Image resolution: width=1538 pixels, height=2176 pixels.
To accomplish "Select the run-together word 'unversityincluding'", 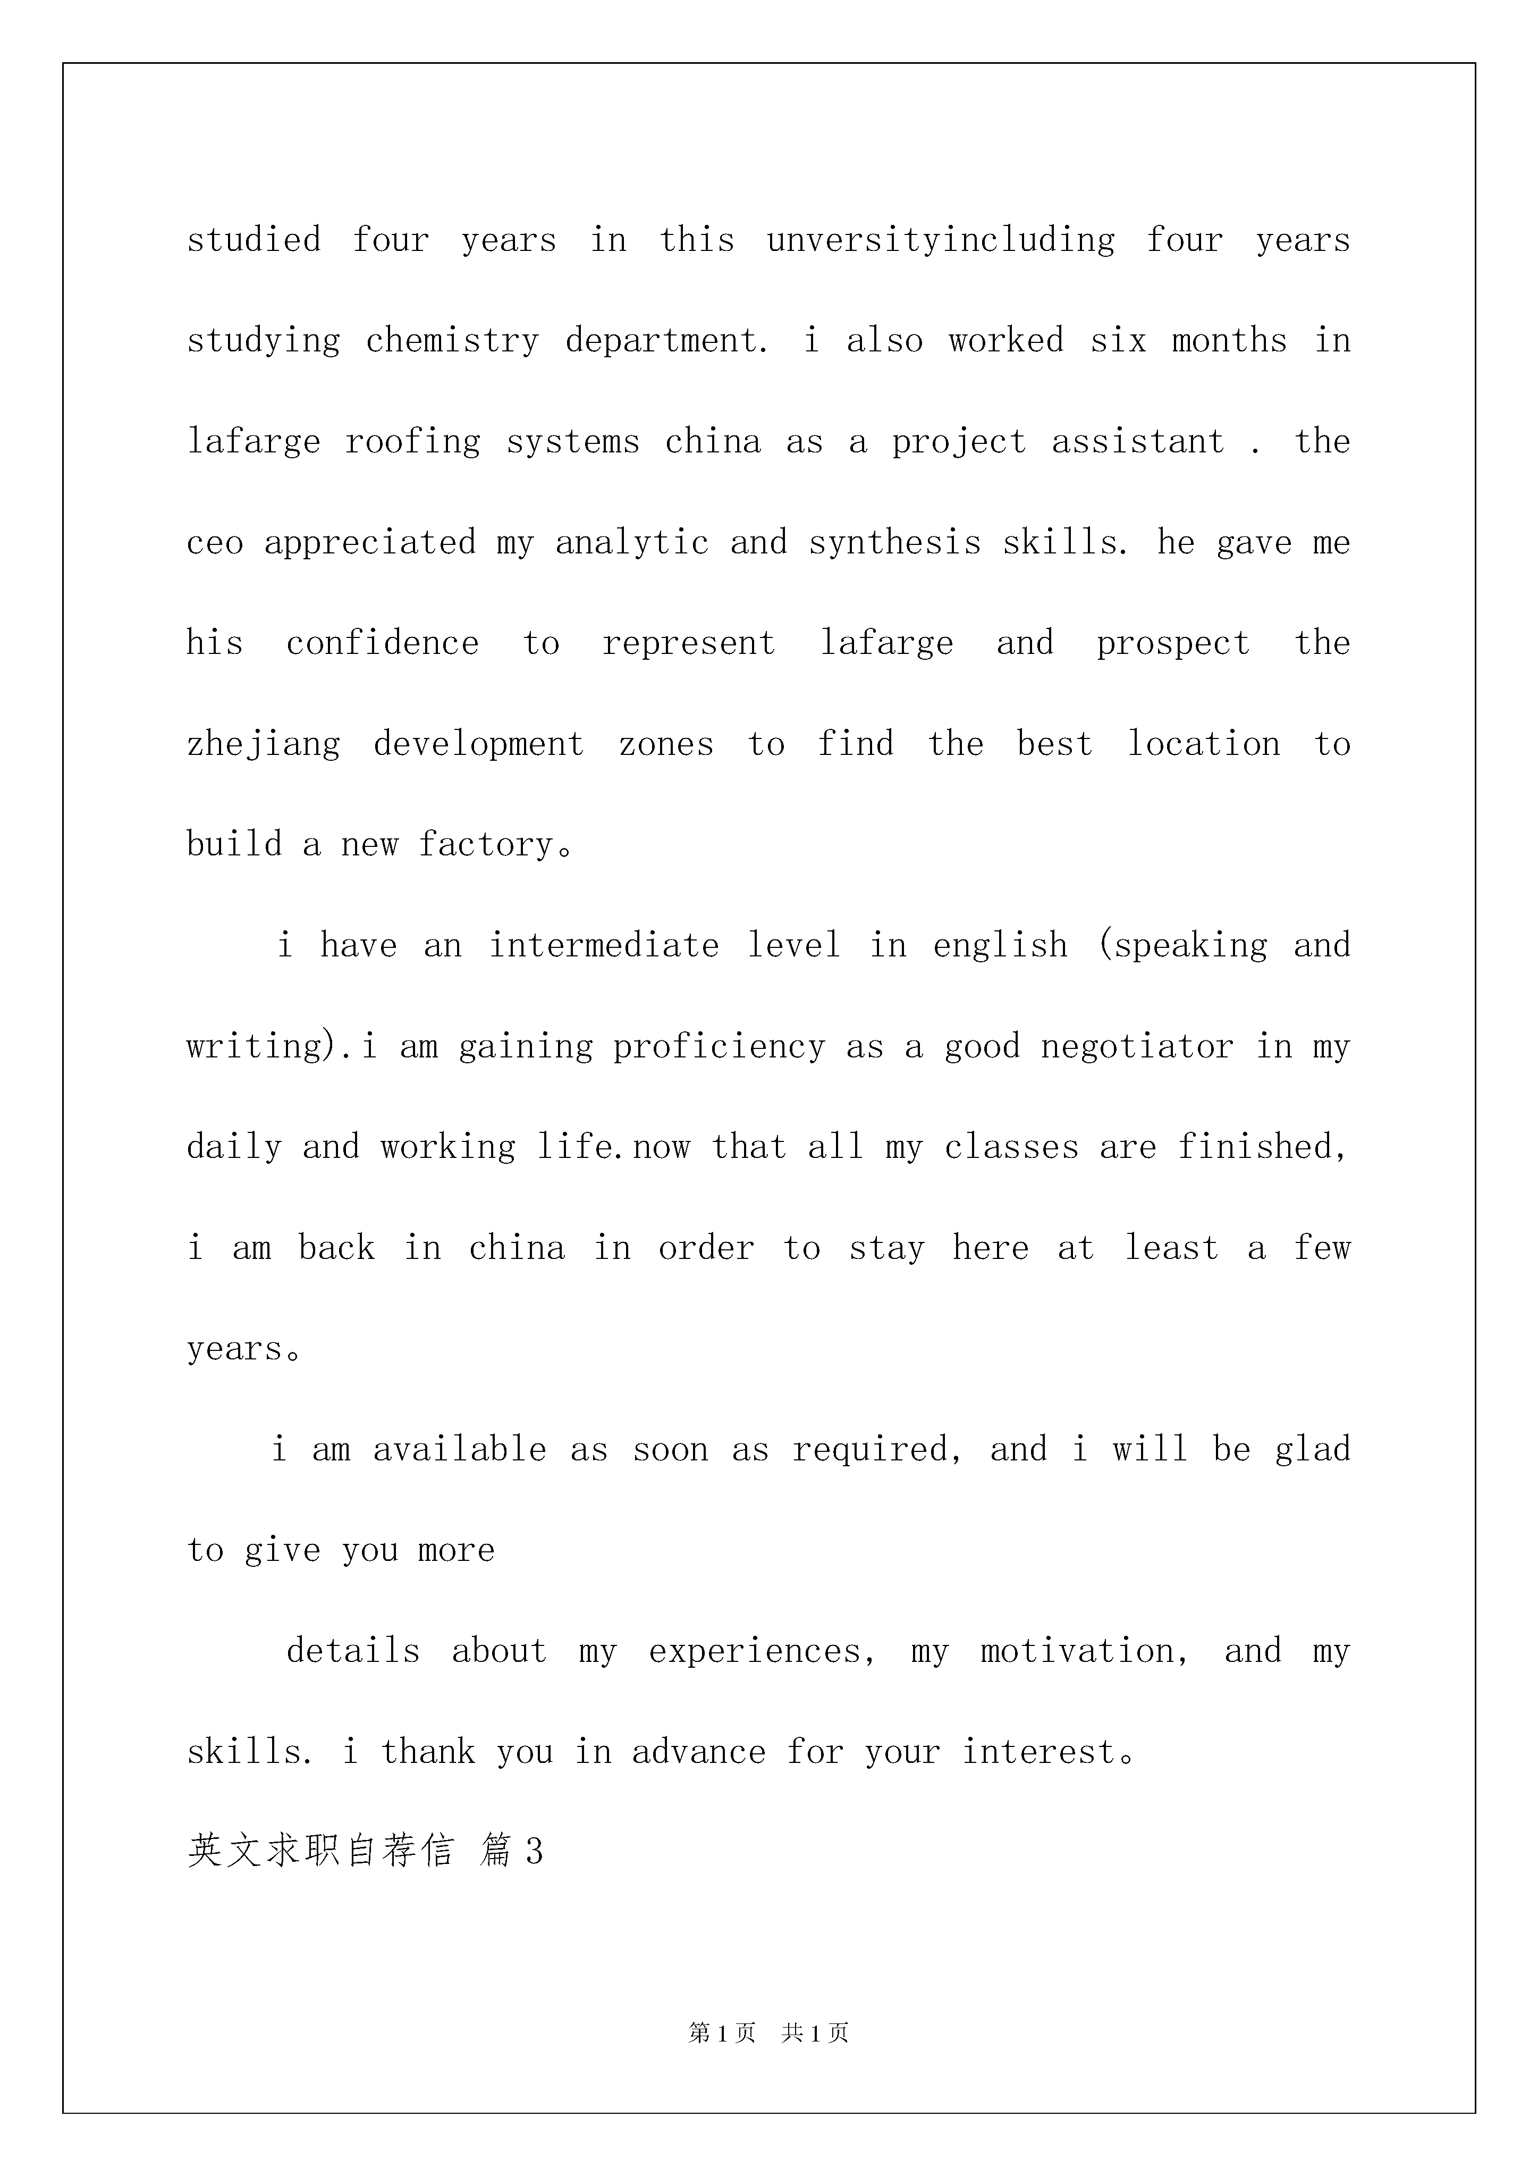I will [x=941, y=241].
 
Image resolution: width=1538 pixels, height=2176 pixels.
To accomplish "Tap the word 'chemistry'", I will [x=452, y=341].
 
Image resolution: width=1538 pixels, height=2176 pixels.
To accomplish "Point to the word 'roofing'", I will [x=412, y=443].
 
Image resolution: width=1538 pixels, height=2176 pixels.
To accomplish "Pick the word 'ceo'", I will [x=214, y=543].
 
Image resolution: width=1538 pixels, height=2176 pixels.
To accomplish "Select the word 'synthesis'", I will [x=894, y=543].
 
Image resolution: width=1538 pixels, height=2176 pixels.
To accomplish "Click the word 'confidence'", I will [x=382, y=643].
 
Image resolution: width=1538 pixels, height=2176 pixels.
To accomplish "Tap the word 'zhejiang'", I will [x=264, y=745].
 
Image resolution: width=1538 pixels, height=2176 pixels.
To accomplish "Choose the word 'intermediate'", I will [x=604, y=946].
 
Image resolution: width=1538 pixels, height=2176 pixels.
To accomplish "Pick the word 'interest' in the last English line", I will [x=1038, y=1752].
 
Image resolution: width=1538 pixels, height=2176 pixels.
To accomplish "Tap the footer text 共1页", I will [x=815, y=2033].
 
